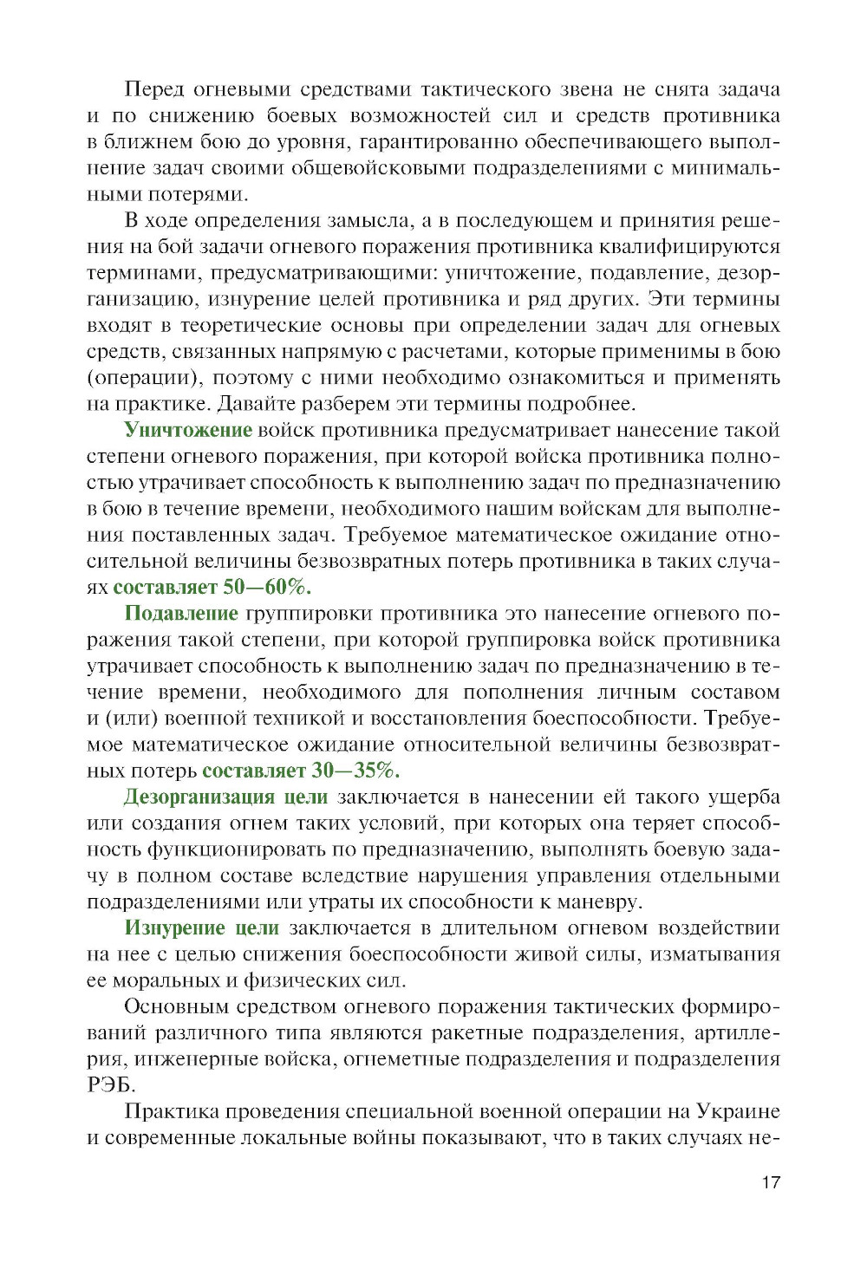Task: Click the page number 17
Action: [x=771, y=1182]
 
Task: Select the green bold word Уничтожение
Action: [x=188, y=430]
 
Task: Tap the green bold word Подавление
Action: [x=181, y=614]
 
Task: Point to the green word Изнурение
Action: [x=175, y=928]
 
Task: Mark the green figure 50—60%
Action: [x=267, y=587]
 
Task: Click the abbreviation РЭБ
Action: [x=111, y=1085]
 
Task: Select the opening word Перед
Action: [x=154, y=89]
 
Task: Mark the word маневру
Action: [x=599, y=901]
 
